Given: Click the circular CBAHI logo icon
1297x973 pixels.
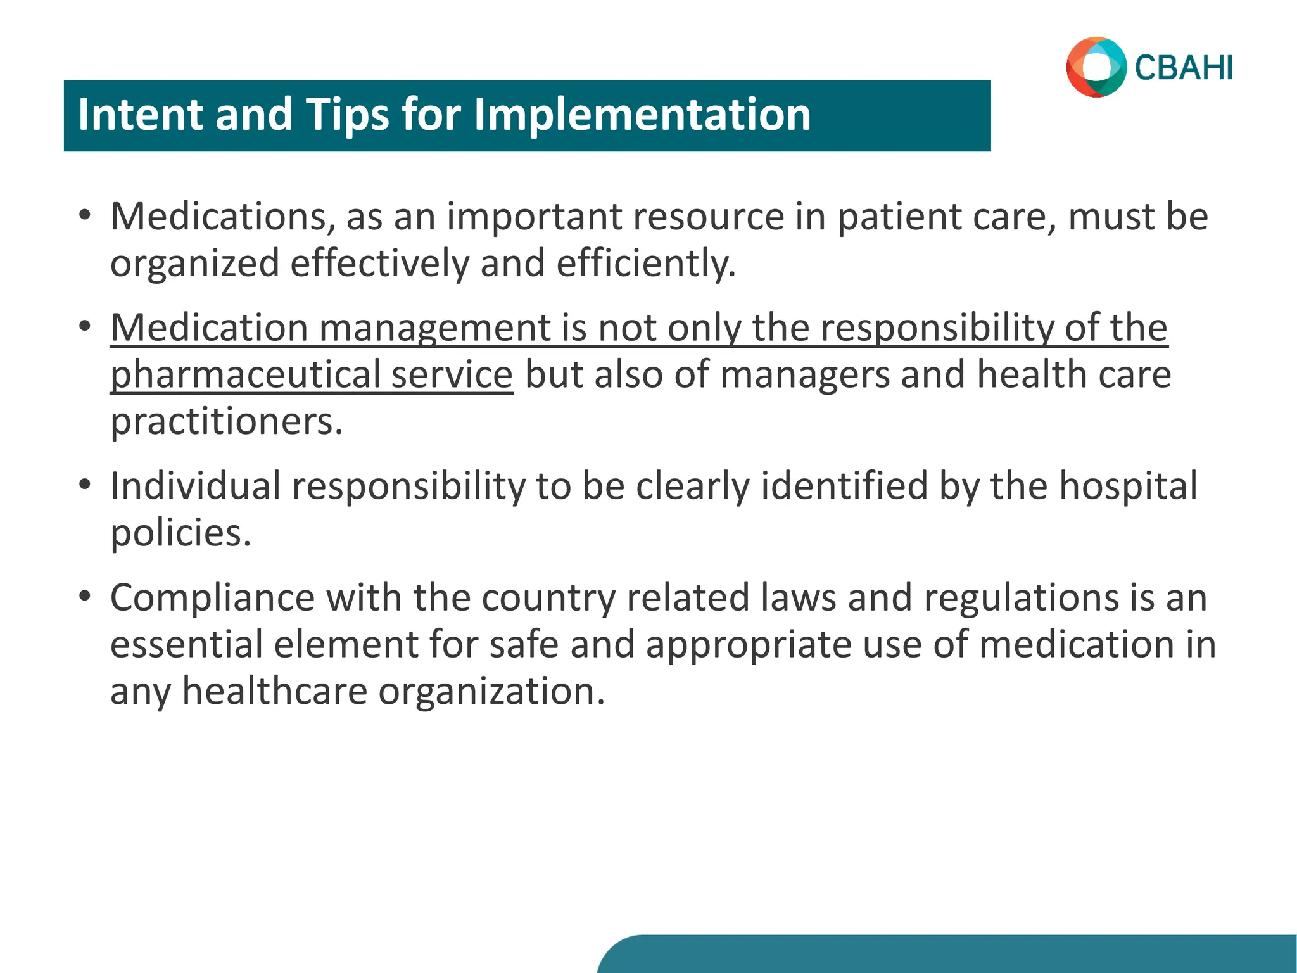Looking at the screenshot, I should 1096,67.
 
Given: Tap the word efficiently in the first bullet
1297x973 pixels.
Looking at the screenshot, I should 646,264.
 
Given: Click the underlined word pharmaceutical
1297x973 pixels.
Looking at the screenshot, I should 244,374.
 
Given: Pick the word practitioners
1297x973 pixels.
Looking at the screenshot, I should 226,421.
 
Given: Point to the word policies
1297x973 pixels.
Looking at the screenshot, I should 180,533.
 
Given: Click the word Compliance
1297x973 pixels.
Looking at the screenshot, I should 212,597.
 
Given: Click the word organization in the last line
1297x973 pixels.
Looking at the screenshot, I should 491,690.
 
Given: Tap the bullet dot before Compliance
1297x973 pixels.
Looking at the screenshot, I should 85,596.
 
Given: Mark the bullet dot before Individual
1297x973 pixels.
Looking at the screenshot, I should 85,485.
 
